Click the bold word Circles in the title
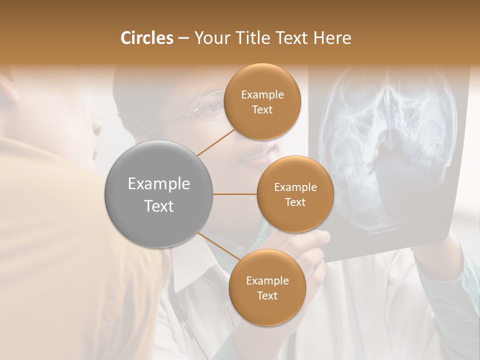[146, 38]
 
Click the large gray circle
[159, 194]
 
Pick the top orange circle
[262, 101]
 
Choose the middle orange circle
[295, 194]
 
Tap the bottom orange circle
[267, 287]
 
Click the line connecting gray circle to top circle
[216, 142]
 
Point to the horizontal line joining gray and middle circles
[235, 194]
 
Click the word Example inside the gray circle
[159, 184]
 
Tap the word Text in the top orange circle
[262, 109]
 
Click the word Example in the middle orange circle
[295, 187]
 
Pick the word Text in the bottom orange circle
[267, 295]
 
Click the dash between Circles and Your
[183, 38]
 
